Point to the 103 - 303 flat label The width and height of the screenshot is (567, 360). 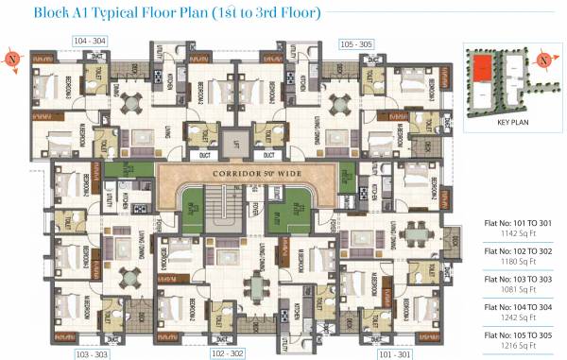93,353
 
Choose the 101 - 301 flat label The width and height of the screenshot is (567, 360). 396,353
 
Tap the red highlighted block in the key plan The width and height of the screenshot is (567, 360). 482,68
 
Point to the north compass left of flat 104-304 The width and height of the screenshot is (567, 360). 12,58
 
